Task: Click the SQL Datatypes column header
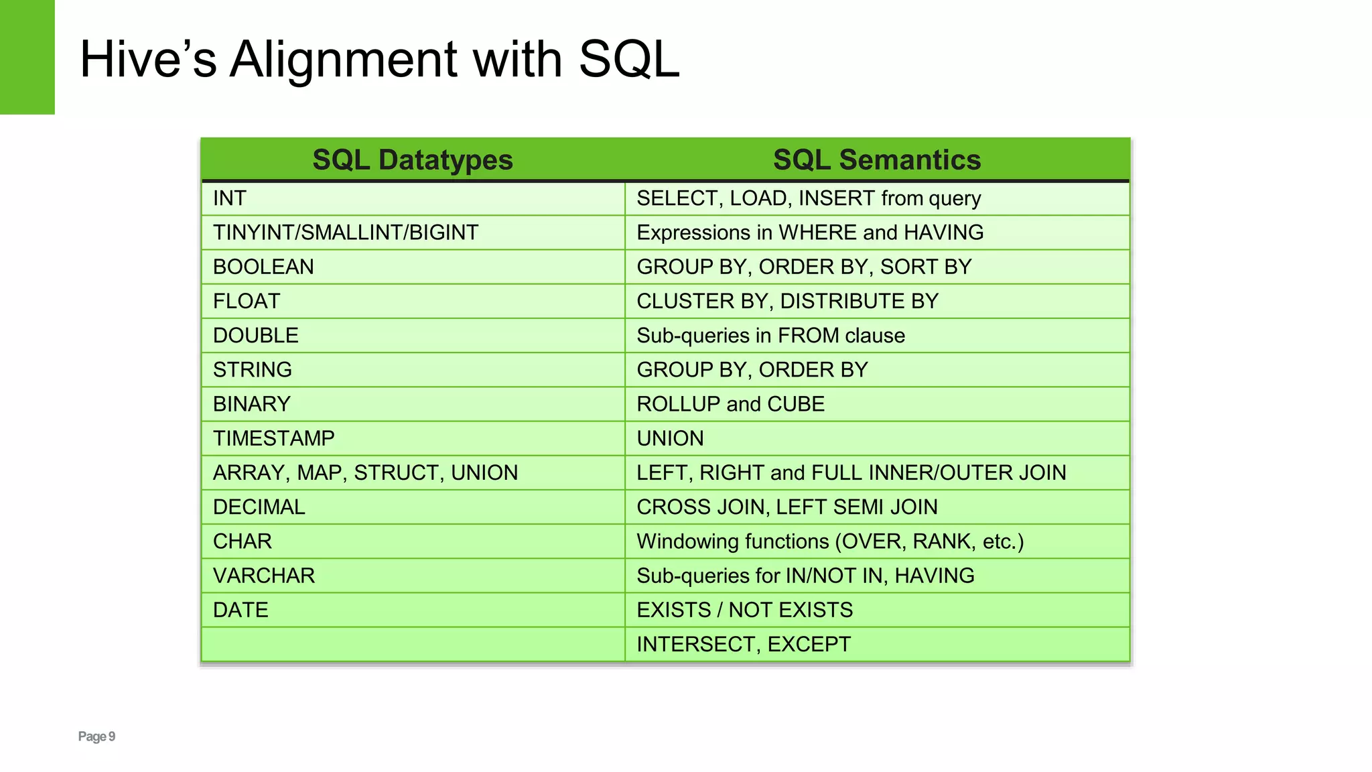pyautogui.click(x=413, y=160)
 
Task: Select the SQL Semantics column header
pyautogui.click(x=876, y=160)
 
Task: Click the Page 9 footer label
pyautogui.click(x=96, y=736)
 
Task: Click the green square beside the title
pyautogui.click(x=27, y=57)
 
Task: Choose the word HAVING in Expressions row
pyautogui.click(x=943, y=233)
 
